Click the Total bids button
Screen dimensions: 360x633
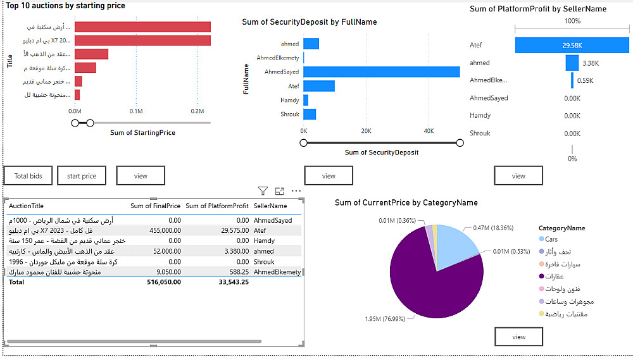[x=28, y=176]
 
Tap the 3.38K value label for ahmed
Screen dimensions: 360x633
[x=591, y=63]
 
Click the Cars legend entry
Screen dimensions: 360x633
[x=551, y=239]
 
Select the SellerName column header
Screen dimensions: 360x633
[x=270, y=206]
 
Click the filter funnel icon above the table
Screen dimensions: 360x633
[x=263, y=191]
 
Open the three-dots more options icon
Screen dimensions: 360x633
[x=296, y=191]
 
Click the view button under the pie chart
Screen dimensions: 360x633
[x=518, y=337]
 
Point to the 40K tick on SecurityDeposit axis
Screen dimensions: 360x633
[x=429, y=131]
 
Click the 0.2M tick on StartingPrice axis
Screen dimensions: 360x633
[x=197, y=111]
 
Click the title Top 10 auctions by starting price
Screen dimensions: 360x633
[x=66, y=6]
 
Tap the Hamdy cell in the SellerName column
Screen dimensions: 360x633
[x=264, y=241]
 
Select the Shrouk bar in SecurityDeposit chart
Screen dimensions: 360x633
[x=310, y=115]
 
